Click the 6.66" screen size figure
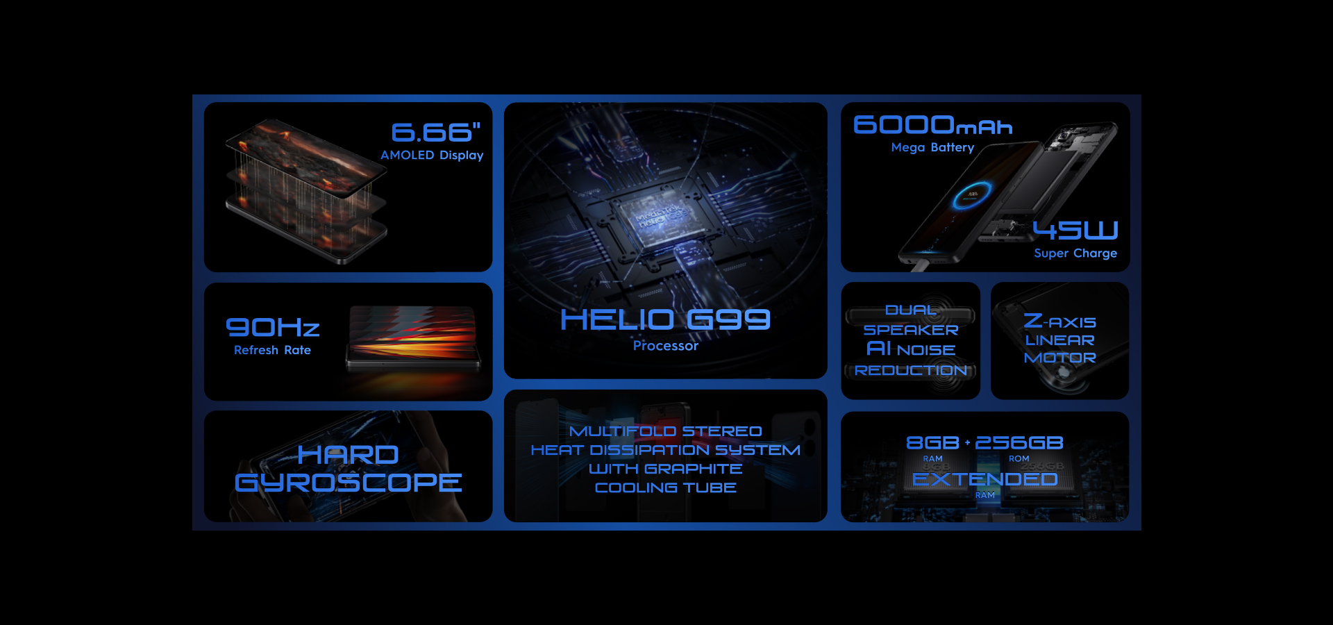(x=435, y=132)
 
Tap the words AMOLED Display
(x=432, y=156)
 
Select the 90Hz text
(x=273, y=327)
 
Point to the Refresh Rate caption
(x=272, y=350)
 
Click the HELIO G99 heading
(x=665, y=319)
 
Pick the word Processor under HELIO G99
(x=665, y=345)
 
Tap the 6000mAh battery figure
(x=932, y=125)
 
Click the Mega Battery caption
(x=932, y=147)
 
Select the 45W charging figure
(x=1075, y=230)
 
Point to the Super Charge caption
(x=1075, y=253)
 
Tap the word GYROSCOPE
(x=348, y=483)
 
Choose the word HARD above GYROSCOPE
(x=348, y=455)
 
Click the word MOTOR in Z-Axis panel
(x=1059, y=358)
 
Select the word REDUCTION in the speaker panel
(x=911, y=370)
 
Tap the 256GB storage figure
(x=1019, y=442)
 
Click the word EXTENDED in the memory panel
(x=984, y=479)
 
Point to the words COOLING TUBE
(x=665, y=487)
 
